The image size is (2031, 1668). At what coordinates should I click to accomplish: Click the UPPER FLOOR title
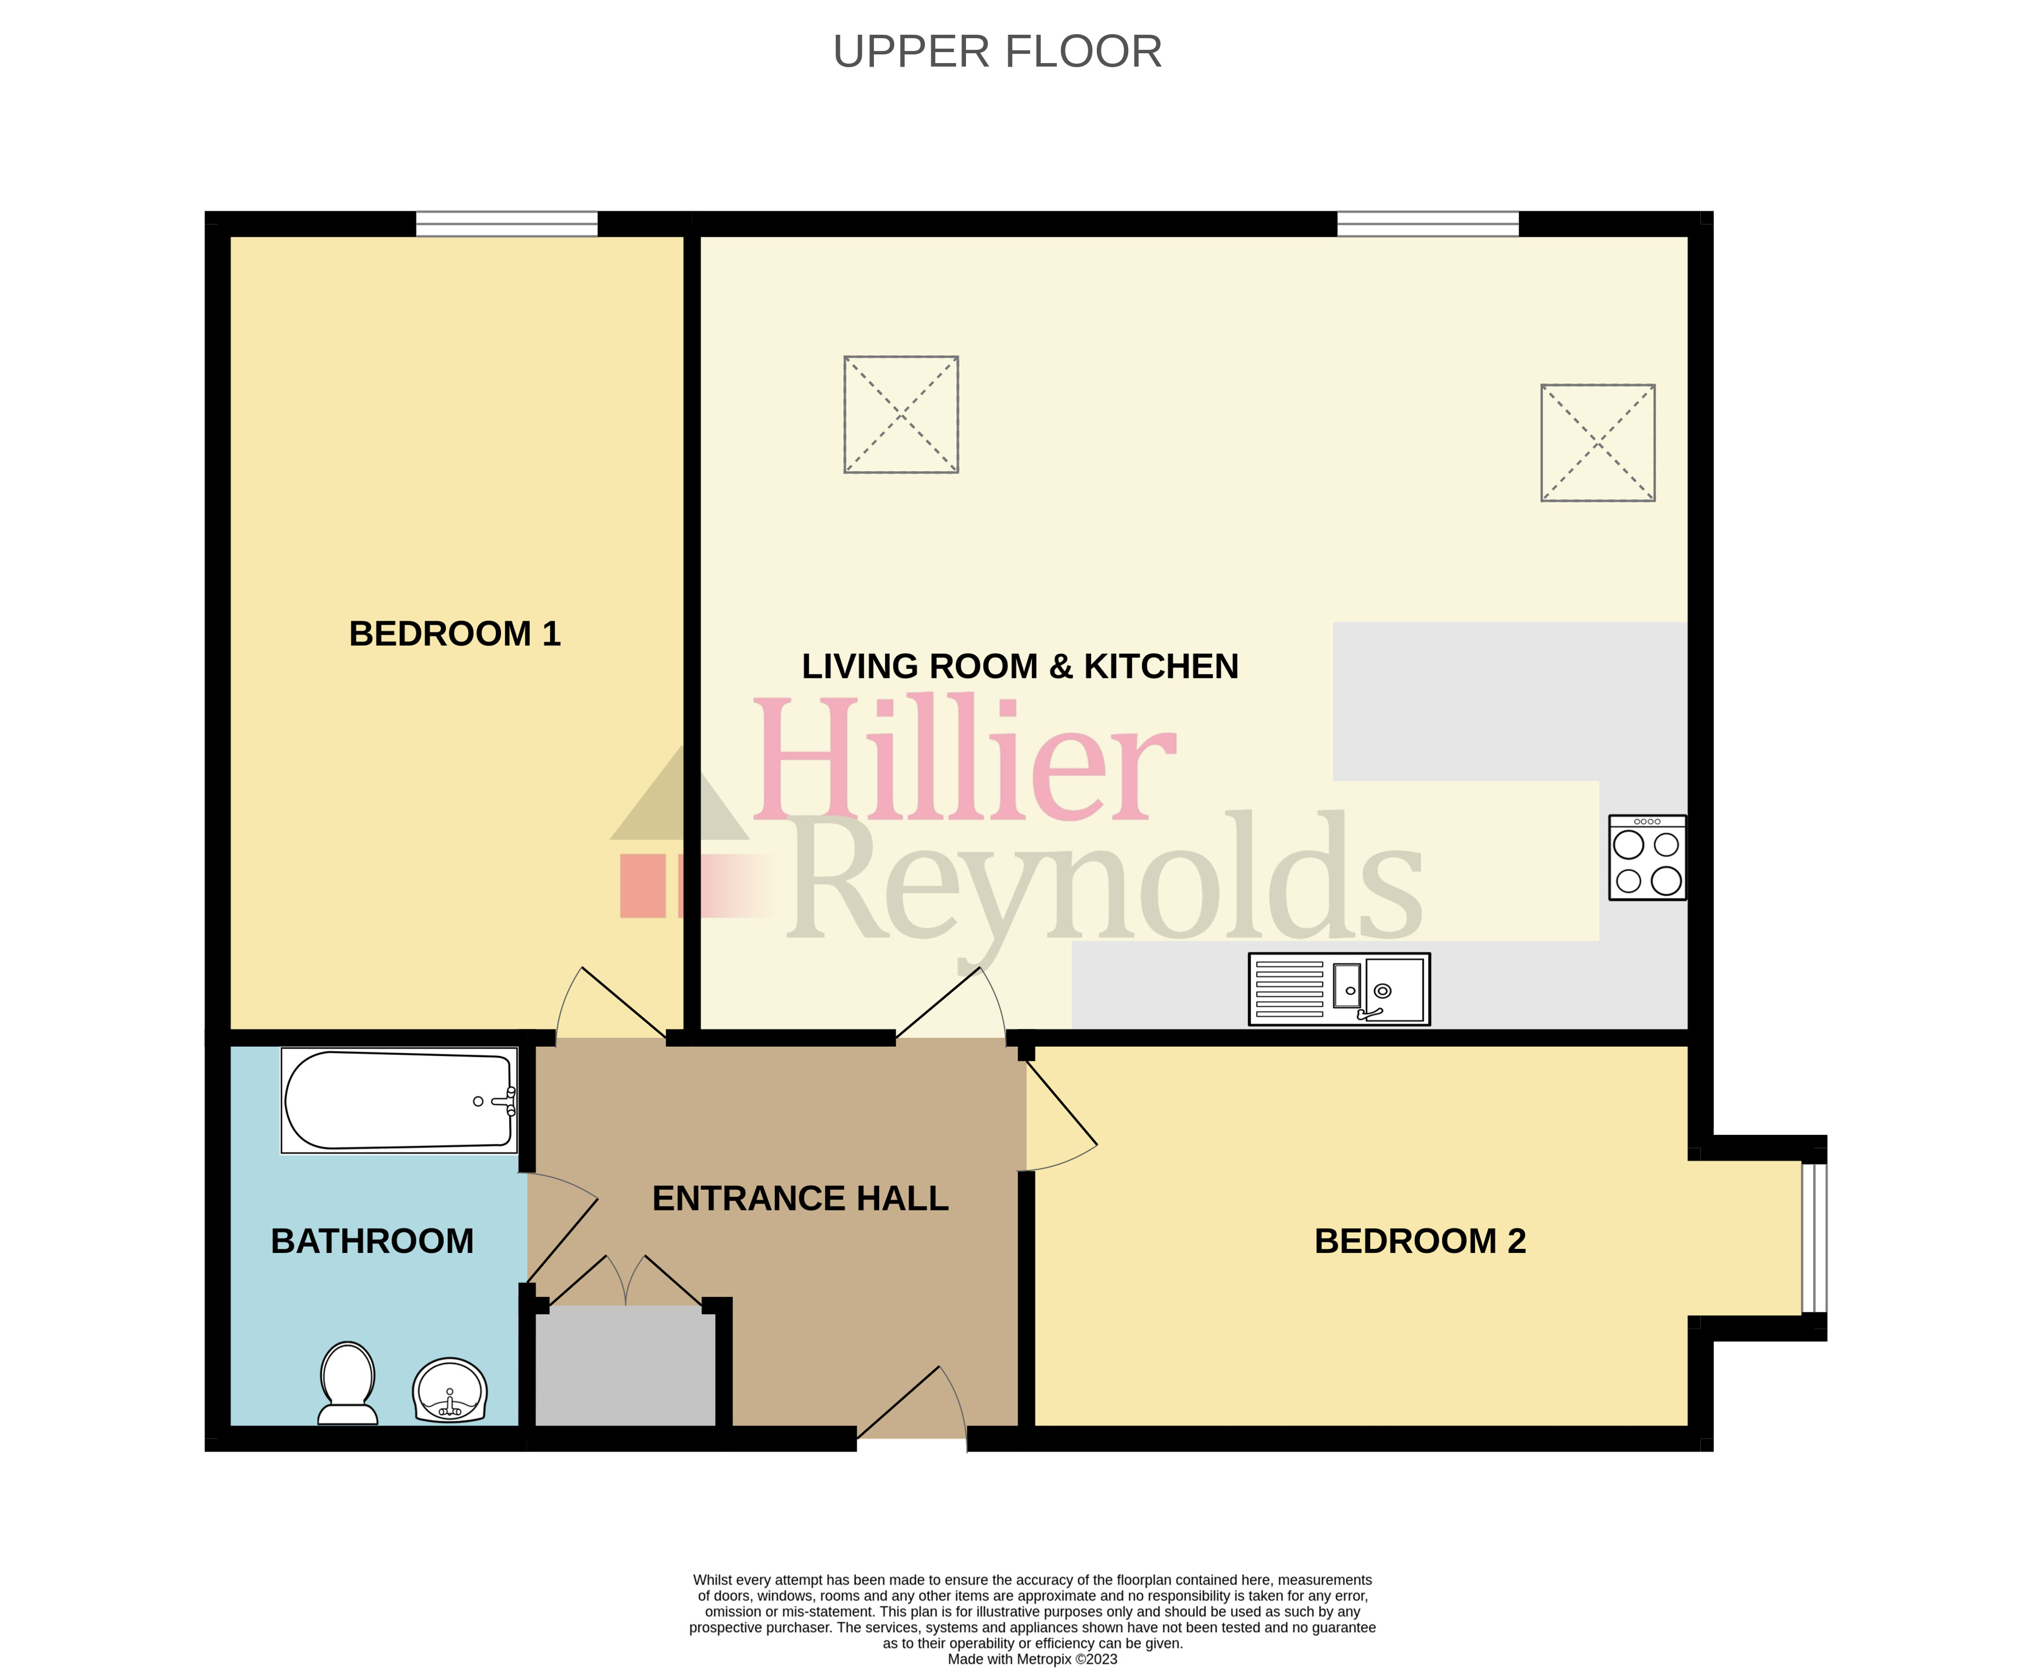click(x=997, y=52)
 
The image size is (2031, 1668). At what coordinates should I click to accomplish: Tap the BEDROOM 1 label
click(x=455, y=634)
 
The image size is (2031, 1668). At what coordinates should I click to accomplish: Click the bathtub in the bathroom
click(x=399, y=1100)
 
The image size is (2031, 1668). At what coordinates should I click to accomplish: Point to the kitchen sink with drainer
click(x=1339, y=989)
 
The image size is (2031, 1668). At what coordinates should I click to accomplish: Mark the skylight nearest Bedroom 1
click(x=901, y=414)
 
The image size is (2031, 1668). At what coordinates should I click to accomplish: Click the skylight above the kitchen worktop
click(x=1597, y=443)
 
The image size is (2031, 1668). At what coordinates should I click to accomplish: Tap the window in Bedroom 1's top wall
click(x=507, y=224)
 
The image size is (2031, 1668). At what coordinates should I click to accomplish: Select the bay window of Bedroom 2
click(x=1813, y=1238)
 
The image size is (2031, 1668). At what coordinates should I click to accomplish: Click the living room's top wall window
click(x=1428, y=224)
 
